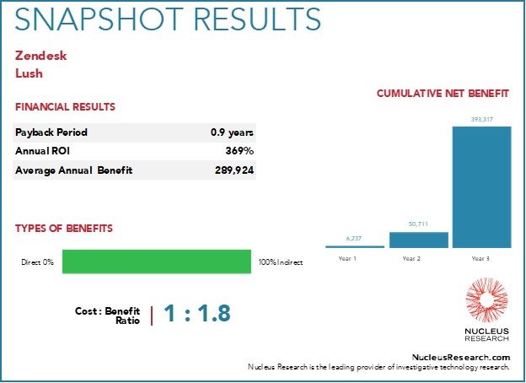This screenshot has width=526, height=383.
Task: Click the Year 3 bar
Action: click(481, 187)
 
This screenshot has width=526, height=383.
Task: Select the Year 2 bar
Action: click(419, 240)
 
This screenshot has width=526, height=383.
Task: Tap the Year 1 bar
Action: click(354, 246)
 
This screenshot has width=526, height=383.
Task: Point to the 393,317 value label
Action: click(481, 120)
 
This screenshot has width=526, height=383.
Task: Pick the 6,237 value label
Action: click(354, 239)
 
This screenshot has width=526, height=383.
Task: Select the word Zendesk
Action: click(40, 56)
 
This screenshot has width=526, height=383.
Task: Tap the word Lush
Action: click(29, 73)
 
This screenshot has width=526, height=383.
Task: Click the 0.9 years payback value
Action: click(233, 132)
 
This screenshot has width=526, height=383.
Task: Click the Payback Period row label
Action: click(51, 132)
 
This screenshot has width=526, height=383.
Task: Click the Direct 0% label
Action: click(38, 262)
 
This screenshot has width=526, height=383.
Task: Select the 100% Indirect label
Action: click(281, 262)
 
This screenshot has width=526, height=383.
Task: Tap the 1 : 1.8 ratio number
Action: click(196, 315)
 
